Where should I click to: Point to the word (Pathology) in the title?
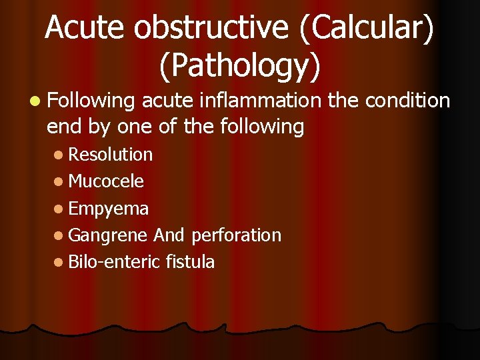click(240, 64)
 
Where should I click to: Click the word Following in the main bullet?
click(91, 102)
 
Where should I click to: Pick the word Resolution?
click(111, 155)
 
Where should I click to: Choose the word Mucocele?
click(106, 181)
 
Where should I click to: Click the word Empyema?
click(109, 209)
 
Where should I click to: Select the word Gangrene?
click(108, 236)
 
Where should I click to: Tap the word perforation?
click(236, 236)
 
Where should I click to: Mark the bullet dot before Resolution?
click(60, 155)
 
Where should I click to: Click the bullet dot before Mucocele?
click(60, 181)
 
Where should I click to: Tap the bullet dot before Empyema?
click(60, 209)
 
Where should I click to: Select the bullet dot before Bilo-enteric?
click(60, 262)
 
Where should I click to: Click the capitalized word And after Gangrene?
click(169, 235)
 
